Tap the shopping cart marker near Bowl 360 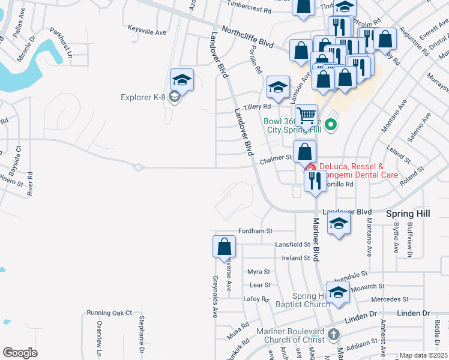[306, 115]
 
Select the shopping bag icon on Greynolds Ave [224, 246]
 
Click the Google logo [20, 352]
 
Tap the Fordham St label [255, 230]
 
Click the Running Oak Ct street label [109, 313]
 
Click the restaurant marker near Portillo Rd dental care [315, 181]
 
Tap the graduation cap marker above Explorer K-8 [182, 80]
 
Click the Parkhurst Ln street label [60, 40]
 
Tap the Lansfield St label [292, 245]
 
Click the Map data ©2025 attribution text [423, 355]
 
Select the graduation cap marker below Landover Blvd [339, 226]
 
